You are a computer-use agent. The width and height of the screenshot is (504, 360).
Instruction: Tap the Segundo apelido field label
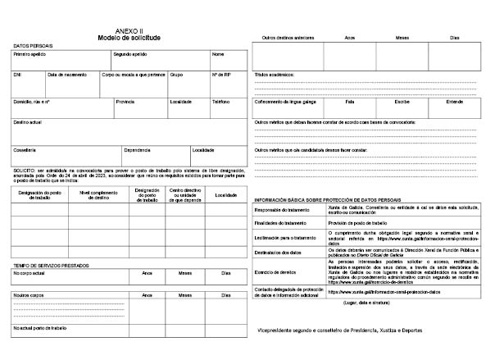point(130,54)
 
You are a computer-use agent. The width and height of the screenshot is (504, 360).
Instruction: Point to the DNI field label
point(17,75)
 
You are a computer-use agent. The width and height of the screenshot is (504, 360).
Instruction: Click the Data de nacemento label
point(67,75)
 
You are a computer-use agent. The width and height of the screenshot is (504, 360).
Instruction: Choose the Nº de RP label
point(221,75)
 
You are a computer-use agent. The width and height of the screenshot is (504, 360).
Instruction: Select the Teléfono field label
point(221,103)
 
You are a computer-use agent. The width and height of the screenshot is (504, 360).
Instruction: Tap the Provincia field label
point(125,103)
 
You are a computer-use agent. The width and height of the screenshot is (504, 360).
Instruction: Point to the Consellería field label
point(25,150)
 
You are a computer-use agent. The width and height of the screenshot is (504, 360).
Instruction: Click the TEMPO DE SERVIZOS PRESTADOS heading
point(51,266)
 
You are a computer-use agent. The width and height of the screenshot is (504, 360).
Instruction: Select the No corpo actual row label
point(31,273)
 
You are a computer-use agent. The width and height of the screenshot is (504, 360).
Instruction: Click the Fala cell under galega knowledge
point(350,103)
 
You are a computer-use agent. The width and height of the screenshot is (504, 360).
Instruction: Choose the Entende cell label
point(455,103)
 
